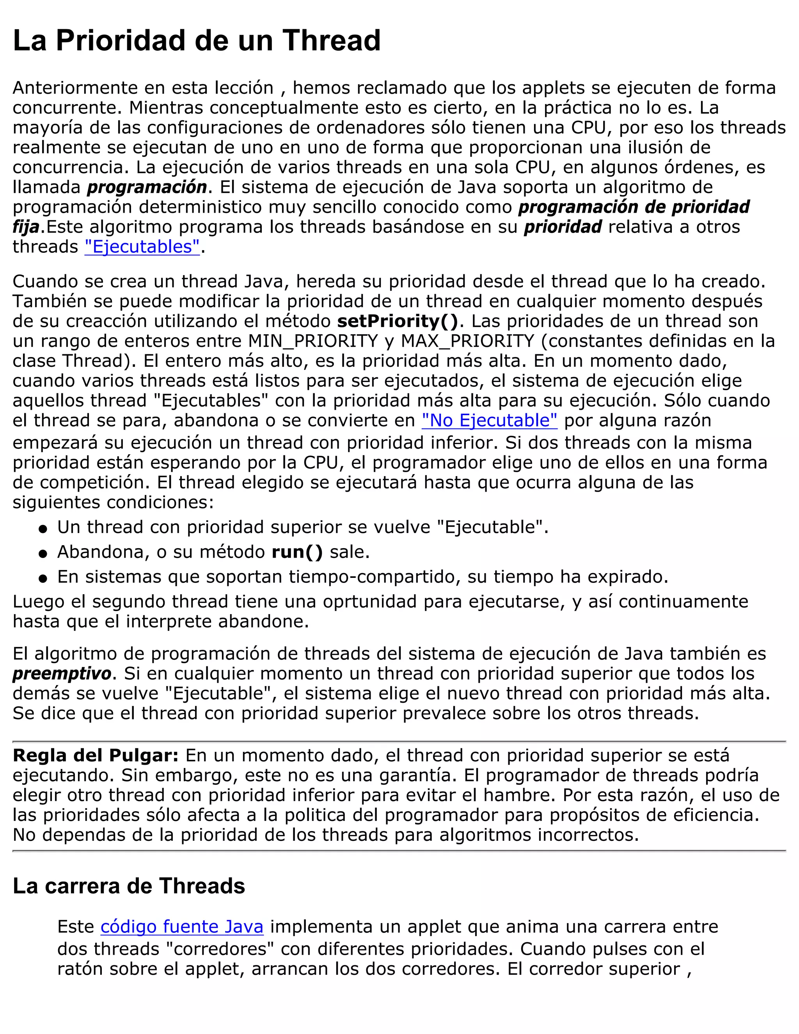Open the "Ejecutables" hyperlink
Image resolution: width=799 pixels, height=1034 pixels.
coord(142,247)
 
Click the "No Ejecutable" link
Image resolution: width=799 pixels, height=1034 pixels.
coord(490,420)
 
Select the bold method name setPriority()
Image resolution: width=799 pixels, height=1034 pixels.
coord(398,321)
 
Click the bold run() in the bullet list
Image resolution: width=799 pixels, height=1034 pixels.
coord(297,552)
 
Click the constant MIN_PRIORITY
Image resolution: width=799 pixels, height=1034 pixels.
coord(313,341)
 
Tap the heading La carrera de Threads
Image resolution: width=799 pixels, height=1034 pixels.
coord(129,885)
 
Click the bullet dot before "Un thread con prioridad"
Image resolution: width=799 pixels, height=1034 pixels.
coord(43,529)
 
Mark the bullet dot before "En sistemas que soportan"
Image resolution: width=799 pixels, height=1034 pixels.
coord(43,579)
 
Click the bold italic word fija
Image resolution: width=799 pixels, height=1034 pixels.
coord(26,227)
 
